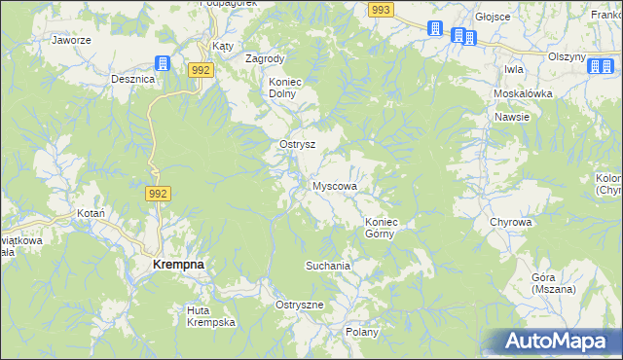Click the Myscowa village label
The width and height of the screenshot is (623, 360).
coord(334,185)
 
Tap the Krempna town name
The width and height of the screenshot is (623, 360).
coord(178,264)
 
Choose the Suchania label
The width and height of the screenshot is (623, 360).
coord(327,265)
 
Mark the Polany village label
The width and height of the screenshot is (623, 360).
coord(361,332)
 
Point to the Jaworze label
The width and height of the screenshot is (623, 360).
coord(71,41)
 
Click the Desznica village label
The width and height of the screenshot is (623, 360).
coord(133,78)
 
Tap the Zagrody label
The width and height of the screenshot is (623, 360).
coord(265,58)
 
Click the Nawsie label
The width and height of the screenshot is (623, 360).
coord(511,117)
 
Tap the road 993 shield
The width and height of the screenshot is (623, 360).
coord(381,9)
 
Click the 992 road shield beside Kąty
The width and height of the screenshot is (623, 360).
coord(202,70)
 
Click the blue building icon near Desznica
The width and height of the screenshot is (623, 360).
coord(164,64)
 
